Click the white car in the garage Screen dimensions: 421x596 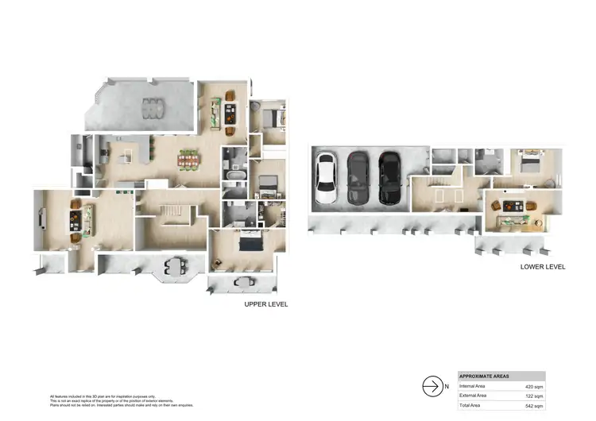click(x=326, y=179)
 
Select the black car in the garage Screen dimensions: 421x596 click(x=389, y=177)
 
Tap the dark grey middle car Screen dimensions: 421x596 click(x=358, y=178)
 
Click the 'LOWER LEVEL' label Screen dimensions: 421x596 click(x=543, y=267)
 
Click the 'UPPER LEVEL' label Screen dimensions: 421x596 click(x=266, y=304)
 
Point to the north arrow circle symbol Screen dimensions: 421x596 click(x=432, y=386)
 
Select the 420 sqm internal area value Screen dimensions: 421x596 click(x=534, y=385)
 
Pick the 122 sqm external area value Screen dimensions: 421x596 click(x=534, y=395)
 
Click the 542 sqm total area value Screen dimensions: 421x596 click(x=534, y=405)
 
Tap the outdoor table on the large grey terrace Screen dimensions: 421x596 click(x=150, y=106)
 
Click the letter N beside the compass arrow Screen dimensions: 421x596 click(x=447, y=386)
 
